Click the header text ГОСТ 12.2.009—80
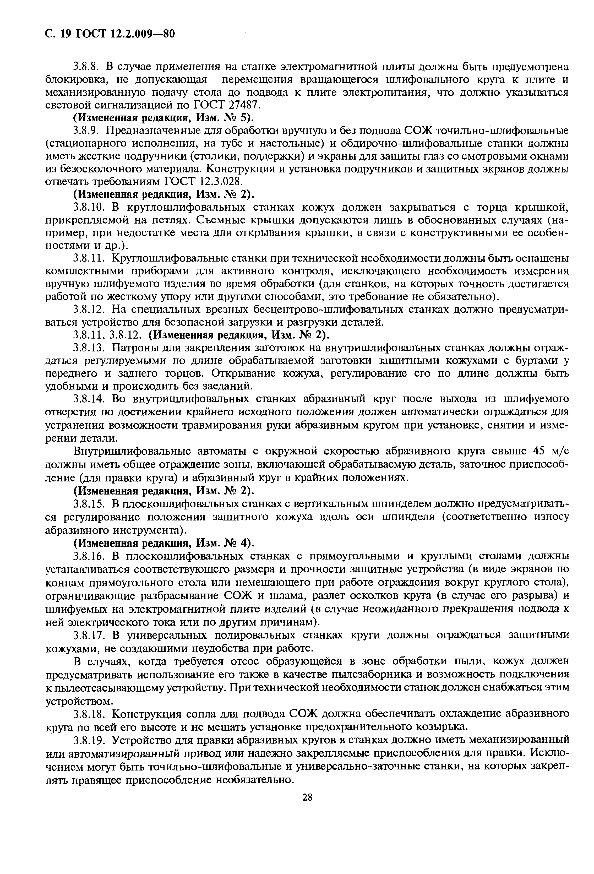click(125, 34)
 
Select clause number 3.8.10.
click(88, 207)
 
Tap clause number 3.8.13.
click(88, 348)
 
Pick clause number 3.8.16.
click(88, 556)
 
